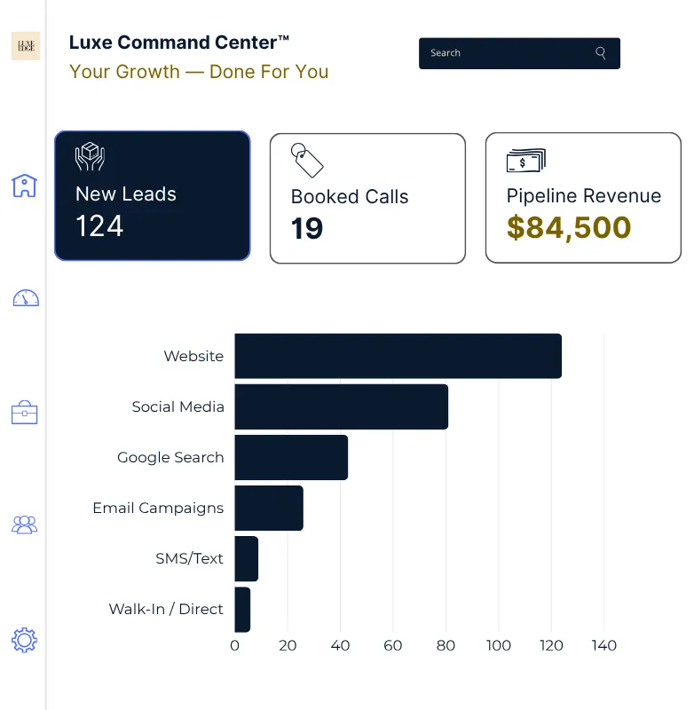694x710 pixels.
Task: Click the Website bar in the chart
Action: click(398, 356)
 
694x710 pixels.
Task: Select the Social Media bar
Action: click(341, 406)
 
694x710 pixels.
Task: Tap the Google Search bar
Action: click(291, 457)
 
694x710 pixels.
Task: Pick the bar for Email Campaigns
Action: click(269, 508)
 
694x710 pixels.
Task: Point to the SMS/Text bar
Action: click(246, 558)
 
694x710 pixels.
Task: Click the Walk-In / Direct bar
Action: click(242, 609)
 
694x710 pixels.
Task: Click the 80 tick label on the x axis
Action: click(446, 645)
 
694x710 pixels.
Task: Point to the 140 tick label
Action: click(603, 645)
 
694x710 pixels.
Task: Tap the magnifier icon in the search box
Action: click(601, 53)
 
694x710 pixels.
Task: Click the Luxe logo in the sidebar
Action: click(25, 45)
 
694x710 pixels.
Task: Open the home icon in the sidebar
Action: click(24, 185)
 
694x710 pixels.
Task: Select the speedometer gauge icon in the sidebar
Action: click(25, 298)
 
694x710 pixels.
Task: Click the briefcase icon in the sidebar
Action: click(24, 412)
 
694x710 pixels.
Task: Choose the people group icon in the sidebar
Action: click(24, 525)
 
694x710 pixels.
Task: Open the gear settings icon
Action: click(24, 639)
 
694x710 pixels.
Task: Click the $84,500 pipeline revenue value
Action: click(568, 227)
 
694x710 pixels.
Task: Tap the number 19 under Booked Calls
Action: click(307, 229)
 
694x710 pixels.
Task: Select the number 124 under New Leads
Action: click(99, 226)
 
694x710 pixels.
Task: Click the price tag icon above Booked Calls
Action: click(307, 160)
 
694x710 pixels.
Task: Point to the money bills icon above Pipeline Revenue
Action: click(525, 161)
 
